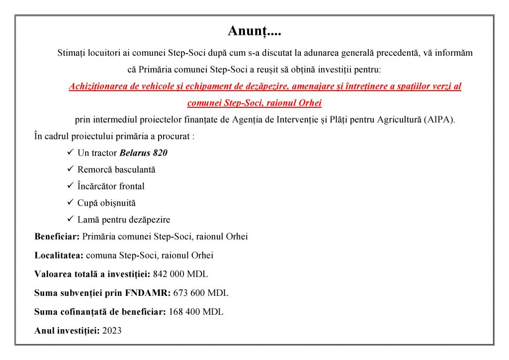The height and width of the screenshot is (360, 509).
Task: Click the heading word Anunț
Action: [254, 31]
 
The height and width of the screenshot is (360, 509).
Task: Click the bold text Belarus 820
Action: [143, 153]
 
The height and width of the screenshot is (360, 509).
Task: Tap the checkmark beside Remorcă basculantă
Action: [70, 169]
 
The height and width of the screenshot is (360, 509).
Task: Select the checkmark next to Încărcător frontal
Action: [70, 186]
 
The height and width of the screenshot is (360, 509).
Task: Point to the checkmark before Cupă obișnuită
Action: [70, 203]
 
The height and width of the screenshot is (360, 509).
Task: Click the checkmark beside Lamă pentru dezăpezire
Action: [70, 219]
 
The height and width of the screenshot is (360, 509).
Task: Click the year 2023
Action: [112, 330]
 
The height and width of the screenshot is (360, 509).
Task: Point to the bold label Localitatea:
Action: [59, 255]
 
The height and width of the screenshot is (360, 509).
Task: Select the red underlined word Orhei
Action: [310, 103]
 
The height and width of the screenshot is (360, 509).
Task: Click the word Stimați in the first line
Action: [72, 52]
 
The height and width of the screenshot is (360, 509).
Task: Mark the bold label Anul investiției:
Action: [67, 330]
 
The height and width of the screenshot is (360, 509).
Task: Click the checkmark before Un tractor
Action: [70, 153]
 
